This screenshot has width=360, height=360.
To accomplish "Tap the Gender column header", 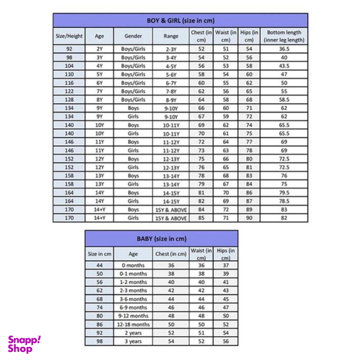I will coord(132,36).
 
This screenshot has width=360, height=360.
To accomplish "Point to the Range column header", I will coord(171,36).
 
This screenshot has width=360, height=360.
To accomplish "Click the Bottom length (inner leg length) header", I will coord(284,36).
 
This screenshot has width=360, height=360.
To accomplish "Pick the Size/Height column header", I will coord(69,36).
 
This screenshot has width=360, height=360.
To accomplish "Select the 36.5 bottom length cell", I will coord(284,48).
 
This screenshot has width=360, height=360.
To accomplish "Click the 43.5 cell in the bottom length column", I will coord(284,65).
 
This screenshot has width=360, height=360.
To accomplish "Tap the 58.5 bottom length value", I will coord(284,99).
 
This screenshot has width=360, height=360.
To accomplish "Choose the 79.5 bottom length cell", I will coord(284,192).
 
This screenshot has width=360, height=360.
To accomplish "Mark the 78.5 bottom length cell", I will coord(284,201).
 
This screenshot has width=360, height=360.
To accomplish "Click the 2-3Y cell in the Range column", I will coord(171,48).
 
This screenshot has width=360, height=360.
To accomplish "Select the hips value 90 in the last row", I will coord(249,218).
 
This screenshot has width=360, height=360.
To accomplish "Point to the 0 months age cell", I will coord(133,265).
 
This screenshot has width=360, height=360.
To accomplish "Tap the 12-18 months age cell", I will coord(133,324).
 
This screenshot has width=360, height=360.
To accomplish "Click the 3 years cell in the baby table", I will coord(133,341).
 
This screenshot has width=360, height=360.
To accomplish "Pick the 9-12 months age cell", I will coord(133,316).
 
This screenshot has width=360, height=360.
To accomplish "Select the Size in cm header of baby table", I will coord(100,254).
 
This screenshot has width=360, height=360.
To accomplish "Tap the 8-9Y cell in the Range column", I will coord(171,99).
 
